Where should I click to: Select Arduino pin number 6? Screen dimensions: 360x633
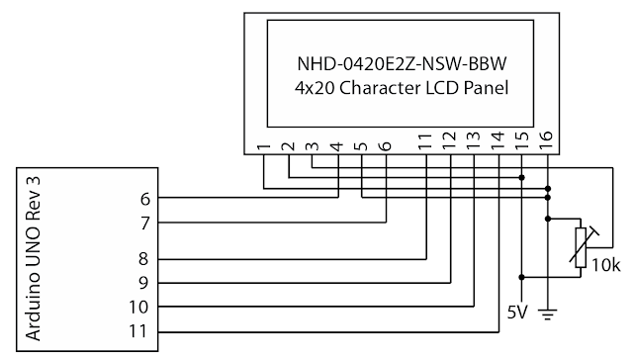click(x=145, y=198)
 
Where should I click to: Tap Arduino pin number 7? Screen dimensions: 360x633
click(x=145, y=223)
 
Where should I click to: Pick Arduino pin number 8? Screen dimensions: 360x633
click(x=145, y=259)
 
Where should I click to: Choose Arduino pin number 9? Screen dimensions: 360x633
click(x=145, y=283)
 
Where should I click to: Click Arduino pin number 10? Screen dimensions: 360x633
click(x=141, y=307)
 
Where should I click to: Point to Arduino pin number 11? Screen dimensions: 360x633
click(x=141, y=331)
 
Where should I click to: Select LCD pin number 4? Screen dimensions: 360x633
click(x=336, y=147)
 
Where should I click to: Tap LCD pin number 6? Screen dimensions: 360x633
click(x=385, y=147)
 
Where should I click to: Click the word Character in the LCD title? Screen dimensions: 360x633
click(x=386, y=87)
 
